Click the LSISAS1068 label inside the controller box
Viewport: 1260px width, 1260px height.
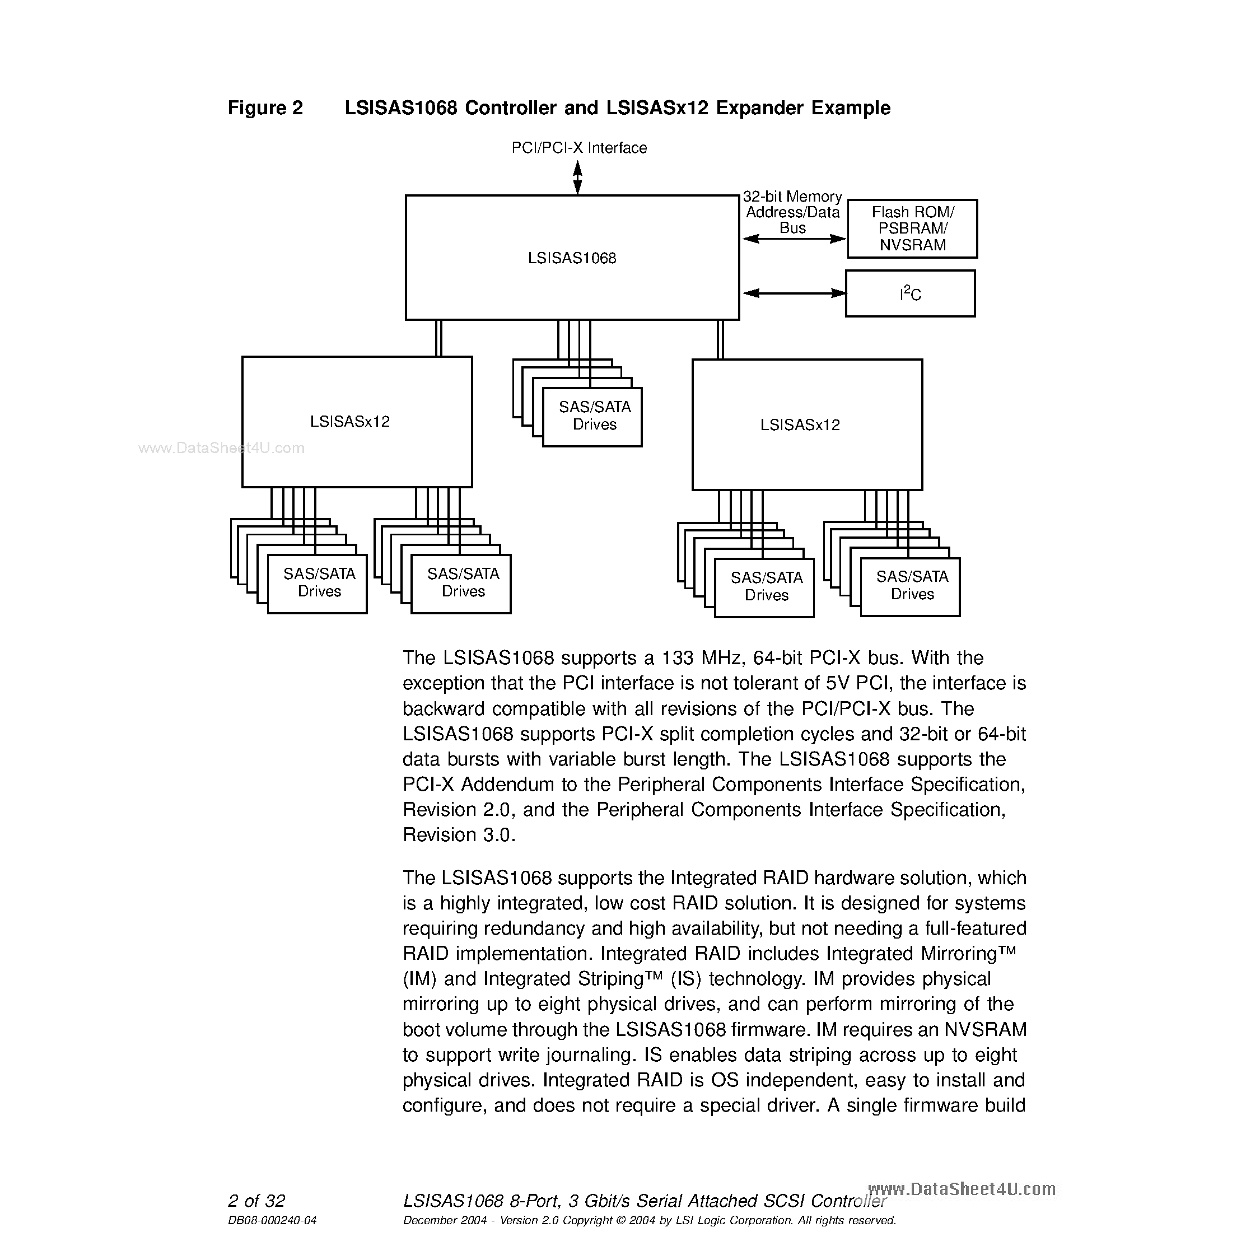point(572,258)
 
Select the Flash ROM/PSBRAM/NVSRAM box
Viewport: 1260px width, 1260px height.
point(912,229)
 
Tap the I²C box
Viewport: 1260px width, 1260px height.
point(910,294)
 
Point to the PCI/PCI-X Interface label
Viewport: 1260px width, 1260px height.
point(579,148)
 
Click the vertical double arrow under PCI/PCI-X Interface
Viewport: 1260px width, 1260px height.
point(577,178)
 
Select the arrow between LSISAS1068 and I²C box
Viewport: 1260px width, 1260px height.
point(793,293)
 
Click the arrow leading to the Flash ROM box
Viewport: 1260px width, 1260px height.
point(793,239)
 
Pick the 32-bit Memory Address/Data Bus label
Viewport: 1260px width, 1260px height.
point(792,212)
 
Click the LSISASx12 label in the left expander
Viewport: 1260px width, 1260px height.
point(349,422)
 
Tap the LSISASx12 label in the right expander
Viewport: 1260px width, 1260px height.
point(800,425)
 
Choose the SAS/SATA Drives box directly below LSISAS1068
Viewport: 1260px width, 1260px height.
point(594,416)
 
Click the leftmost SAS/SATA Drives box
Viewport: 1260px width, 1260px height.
point(318,583)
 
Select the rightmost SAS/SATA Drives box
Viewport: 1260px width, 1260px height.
point(911,586)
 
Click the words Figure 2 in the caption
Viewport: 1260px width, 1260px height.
point(265,108)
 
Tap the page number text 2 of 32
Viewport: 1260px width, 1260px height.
point(256,1201)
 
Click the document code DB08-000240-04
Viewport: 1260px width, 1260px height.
point(272,1220)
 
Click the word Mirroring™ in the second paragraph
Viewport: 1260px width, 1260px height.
point(968,954)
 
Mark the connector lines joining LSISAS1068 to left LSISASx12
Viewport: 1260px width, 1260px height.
point(438,338)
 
